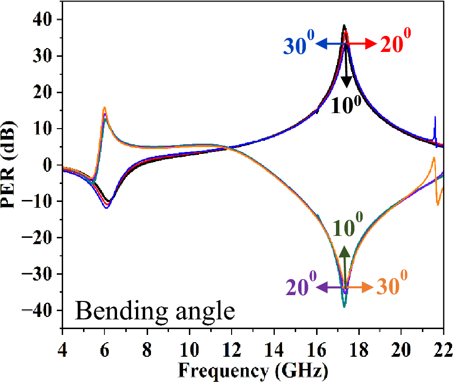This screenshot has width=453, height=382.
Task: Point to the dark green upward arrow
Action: coord(345,265)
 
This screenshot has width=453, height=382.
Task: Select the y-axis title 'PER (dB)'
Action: coord(11,165)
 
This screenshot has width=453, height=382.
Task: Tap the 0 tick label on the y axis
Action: coord(47,165)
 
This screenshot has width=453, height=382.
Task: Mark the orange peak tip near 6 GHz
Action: coord(104,108)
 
